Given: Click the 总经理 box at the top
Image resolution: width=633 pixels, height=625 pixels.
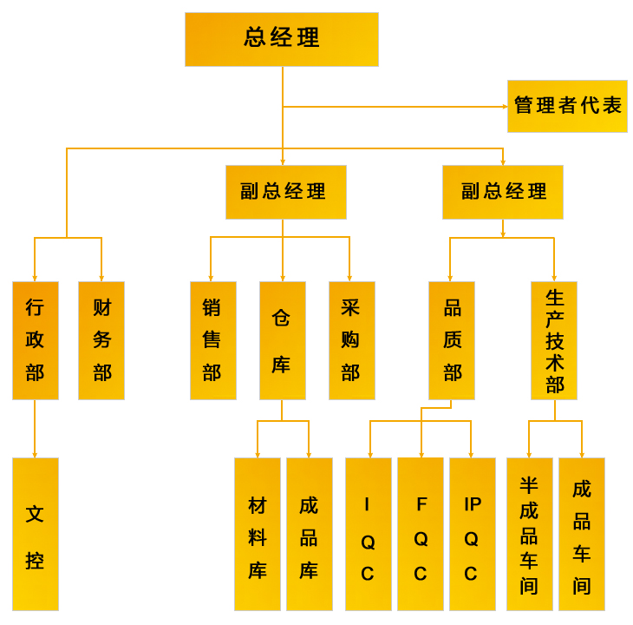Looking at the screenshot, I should click(282, 39).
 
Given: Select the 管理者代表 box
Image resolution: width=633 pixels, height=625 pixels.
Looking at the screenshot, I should click(567, 106).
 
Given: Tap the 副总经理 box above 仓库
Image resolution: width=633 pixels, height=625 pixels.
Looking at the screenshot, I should click(285, 192).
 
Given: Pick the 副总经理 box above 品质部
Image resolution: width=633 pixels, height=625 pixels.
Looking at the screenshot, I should click(502, 192).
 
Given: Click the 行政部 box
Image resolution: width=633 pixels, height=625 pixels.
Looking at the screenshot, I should click(36, 340).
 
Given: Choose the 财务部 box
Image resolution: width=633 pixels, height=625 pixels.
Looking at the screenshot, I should click(101, 340).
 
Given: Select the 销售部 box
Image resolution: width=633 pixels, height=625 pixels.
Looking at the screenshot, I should click(212, 340).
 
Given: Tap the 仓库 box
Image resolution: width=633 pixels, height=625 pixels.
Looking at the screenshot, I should click(282, 340).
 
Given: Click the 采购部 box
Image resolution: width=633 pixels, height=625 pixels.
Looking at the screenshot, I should click(351, 340).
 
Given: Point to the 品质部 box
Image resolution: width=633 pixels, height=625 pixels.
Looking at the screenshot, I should click(451, 340).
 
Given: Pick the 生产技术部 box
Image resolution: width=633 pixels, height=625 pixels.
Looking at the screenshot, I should click(554, 340).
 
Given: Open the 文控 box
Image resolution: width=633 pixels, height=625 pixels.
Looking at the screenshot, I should click(36, 534).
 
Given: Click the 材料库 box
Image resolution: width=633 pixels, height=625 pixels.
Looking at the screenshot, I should click(258, 534).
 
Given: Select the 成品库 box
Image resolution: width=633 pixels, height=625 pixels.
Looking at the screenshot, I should click(310, 534).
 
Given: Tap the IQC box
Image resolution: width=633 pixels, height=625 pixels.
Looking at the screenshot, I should click(368, 534).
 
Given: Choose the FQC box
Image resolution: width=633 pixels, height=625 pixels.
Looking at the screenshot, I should click(421, 534).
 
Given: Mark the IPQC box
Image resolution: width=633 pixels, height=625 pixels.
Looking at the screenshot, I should click(472, 534).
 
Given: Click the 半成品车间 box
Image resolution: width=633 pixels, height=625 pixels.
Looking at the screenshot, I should click(529, 534).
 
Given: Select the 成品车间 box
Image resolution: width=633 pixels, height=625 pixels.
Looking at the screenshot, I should click(582, 534).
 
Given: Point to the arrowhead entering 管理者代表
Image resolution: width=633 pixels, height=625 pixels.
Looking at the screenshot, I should click(505, 107).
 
